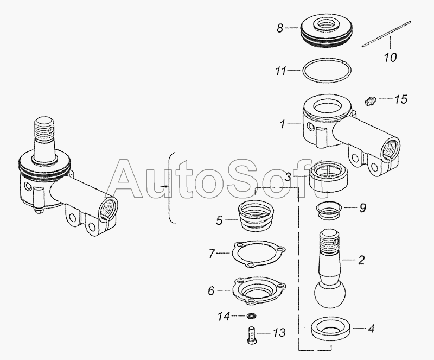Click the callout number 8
coord(280,28)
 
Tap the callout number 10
coord(390,57)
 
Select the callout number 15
coord(401,99)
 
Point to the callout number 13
coord(279,332)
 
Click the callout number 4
coord(371,329)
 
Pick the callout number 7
coord(212,253)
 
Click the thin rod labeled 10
coord(386,34)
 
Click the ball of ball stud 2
coord(330,294)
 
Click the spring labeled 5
coord(256,216)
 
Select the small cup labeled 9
coord(329,210)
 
